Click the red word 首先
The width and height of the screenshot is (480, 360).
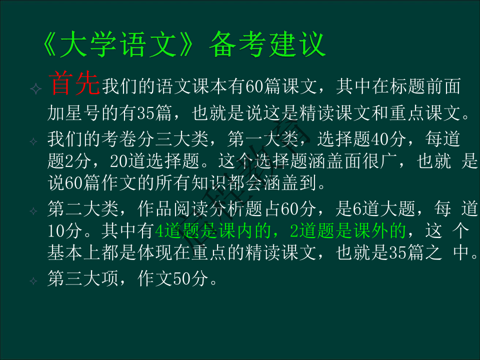click(74, 84)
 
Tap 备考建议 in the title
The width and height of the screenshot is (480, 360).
click(267, 45)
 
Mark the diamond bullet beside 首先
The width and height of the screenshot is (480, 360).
click(36, 89)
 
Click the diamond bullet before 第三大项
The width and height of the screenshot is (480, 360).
click(34, 281)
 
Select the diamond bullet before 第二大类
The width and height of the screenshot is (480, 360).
click(34, 211)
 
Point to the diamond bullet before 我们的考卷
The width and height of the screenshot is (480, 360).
click(34, 141)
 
